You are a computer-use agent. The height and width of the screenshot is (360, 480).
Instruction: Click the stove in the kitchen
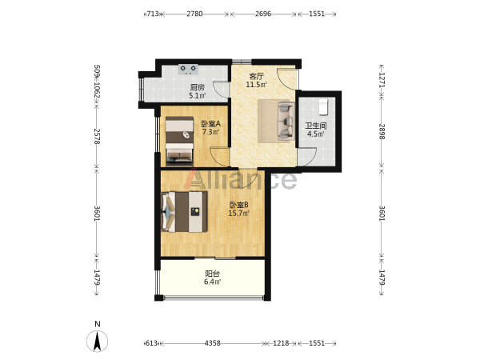pyautogui.click(x=188, y=70)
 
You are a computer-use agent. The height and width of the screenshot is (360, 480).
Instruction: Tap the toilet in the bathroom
pyautogui.click(x=323, y=106)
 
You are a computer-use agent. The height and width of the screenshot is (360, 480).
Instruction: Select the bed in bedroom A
pyautogui.click(x=179, y=139)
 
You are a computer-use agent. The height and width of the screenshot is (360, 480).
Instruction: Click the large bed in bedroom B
pyautogui.click(x=184, y=211)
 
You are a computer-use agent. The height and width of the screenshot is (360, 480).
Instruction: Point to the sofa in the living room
pyautogui.click(x=286, y=122)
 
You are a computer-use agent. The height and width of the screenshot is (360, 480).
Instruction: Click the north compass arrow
pyautogui.click(x=98, y=341)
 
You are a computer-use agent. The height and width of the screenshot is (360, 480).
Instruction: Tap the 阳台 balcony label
pyautogui.click(x=212, y=273)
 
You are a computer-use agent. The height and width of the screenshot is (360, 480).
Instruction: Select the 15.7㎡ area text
pyautogui.click(x=238, y=213)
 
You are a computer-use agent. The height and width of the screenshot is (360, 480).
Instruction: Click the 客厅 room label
pyautogui.click(x=256, y=77)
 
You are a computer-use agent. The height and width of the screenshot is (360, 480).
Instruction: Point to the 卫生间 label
pyautogui.click(x=316, y=126)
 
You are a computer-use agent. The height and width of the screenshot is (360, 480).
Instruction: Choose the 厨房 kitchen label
pyautogui.click(x=197, y=88)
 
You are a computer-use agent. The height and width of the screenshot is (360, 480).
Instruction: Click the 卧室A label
pyautogui.click(x=210, y=124)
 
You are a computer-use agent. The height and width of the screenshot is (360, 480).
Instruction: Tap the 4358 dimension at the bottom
pyautogui.click(x=213, y=343)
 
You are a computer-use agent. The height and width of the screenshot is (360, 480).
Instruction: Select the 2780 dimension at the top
pyautogui.click(x=194, y=14)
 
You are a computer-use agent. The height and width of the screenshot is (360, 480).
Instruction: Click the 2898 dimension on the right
pyautogui.click(x=382, y=132)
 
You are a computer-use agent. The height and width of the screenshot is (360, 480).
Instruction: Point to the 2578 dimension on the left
pyautogui.click(x=97, y=136)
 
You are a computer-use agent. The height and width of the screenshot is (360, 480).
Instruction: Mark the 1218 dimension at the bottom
pyautogui.click(x=281, y=343)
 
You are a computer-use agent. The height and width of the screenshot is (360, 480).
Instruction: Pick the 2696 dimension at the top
pyautogui.click(x=263, y=14)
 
